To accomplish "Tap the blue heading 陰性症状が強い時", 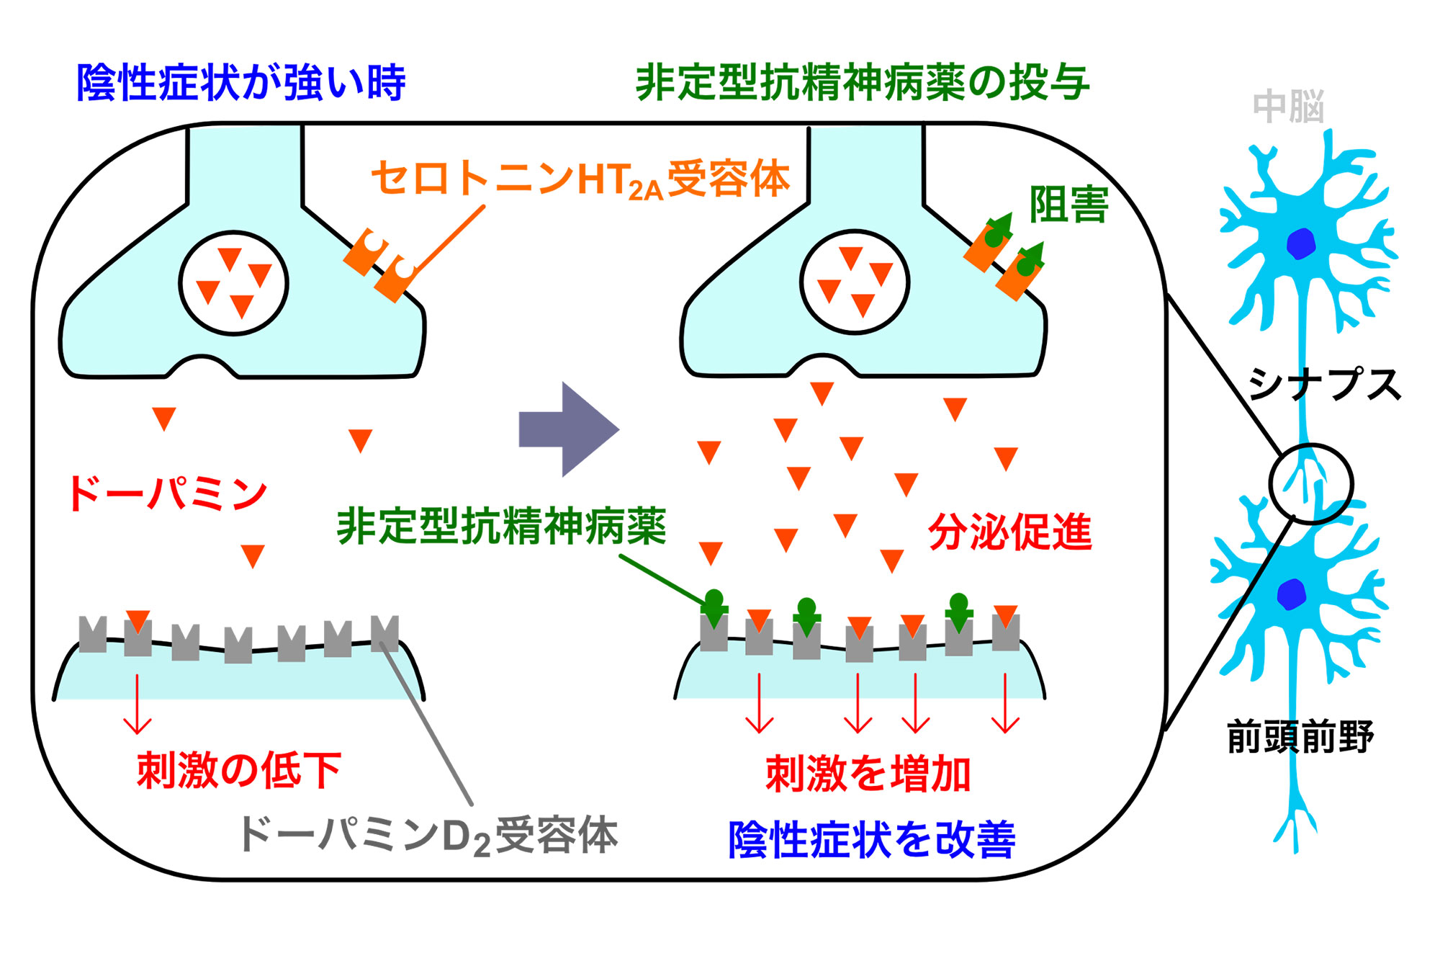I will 241,83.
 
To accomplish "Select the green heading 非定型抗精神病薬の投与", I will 863,83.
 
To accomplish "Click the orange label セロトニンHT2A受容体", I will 580,179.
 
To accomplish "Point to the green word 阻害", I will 1068,205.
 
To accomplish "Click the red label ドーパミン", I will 167,494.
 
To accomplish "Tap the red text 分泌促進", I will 1009,532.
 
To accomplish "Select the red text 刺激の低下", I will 239,770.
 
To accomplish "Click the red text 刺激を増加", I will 868,774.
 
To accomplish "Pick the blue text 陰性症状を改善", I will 871,840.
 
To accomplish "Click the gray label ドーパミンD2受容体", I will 428,836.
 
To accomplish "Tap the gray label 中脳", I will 1288,107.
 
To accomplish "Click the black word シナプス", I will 1323,383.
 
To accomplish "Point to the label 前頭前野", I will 1300,737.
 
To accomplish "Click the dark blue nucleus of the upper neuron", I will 1301,243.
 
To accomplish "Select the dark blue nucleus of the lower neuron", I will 1291,594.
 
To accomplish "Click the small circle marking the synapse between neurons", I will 1310,483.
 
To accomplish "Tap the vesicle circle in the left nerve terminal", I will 233,283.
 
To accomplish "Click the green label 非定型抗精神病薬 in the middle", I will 501,527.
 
